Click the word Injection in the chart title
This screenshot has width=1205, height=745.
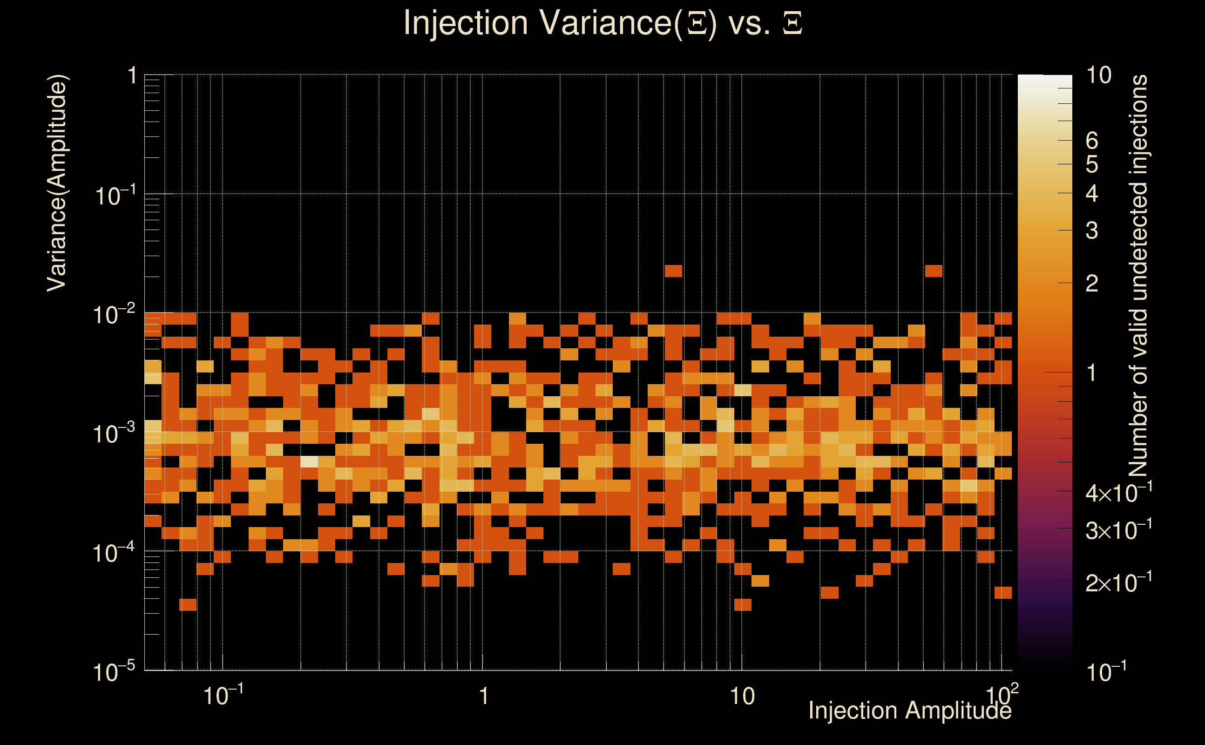pyautogui.click(x=466, y=24)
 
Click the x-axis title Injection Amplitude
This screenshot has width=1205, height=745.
pyautogui.click(x=909, y=711)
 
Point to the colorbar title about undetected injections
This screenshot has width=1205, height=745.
pyautogui.click(x=1138, y=276)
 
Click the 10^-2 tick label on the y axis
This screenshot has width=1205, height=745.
pyautogui.click(x=113, y=314)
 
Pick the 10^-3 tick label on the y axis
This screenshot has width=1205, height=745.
pyautogui.click(x=113, y=433)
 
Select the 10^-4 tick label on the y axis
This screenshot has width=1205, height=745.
pyautogui.click(x=113, y=553)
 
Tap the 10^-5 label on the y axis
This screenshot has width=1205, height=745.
pyautogui.click(x=113, y=671)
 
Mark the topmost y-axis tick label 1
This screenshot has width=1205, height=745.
pyautogui.click(x=132, y=76)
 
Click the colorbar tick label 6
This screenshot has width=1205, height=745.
pyautogui.click(x=1092, y=141)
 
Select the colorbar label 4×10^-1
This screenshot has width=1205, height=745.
pyautogui.click(x=1118, y=493)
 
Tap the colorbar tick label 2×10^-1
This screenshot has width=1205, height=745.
pyautogui.click(x=1118, y=583)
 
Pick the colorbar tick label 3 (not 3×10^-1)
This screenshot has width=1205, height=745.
pyautogui.click(x=1092, y=230)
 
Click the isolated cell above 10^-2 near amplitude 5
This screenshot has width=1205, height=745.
pyautogui.click(x=673, y=271)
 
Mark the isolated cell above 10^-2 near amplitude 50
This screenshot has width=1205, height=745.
pyautogui.click(x=934, y=271)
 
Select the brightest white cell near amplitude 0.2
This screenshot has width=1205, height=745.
pyautogui.click(x=309, y=462)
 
